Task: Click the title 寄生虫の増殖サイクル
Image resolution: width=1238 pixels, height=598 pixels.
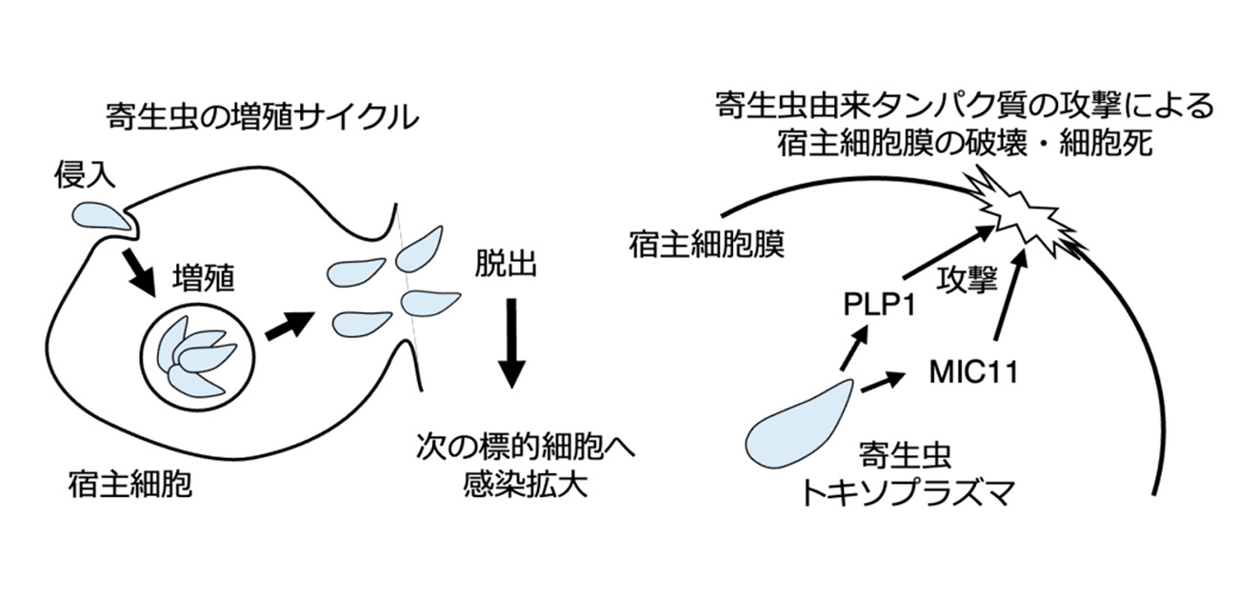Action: click(262, 119)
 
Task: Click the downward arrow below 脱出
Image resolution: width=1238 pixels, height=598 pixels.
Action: click(511, 342)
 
